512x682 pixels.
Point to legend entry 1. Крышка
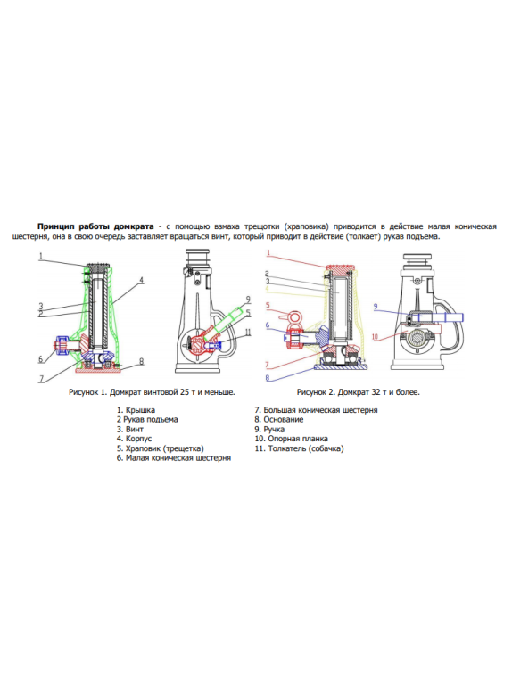(x=136, y=410)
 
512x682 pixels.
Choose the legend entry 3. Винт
(x=130, y=430)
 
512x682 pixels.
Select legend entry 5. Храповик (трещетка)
(x=160, y=448)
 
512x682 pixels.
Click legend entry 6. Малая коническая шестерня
(x=174, y=458)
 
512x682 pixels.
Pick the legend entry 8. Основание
(x=279, y=420)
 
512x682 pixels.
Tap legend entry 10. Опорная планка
(x=291, y=439)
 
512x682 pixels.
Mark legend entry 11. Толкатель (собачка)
(x=299, y=448)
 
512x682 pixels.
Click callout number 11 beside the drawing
(x=248, y=333)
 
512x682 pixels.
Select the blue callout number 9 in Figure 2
(x=376, y=307)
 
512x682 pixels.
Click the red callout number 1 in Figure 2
(x=268, y=253)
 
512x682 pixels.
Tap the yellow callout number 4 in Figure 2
(x=268, y=288)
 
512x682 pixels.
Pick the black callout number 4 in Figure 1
(x=141, y=281)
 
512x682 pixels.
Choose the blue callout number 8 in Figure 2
(x=268, y=378)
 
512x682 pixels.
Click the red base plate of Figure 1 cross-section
(x=98, y=370)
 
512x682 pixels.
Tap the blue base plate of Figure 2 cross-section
(x=341, y=367)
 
